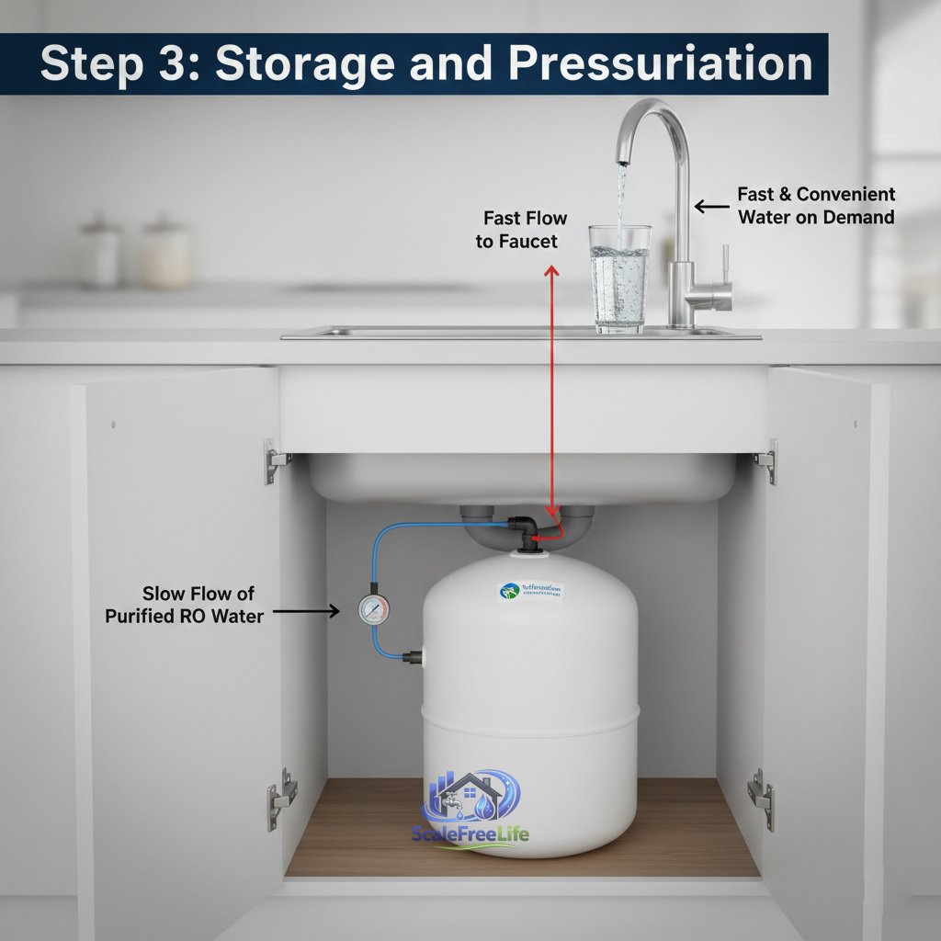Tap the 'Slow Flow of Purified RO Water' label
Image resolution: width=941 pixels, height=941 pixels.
coord(184,605)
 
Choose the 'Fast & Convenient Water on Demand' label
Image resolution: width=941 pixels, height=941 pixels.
coord(815,206)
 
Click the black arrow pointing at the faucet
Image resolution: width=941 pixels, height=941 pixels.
coord(712,207)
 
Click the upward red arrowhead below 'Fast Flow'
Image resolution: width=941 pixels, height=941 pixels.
coord(550,270)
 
